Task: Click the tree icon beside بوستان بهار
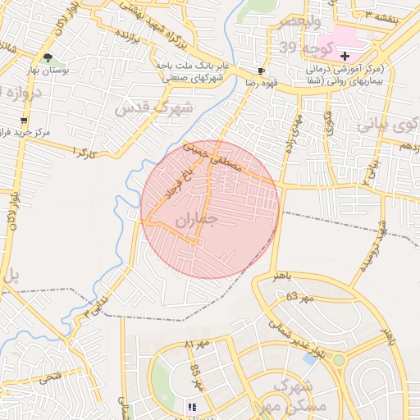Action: (48, 57)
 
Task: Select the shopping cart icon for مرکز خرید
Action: (24, 121)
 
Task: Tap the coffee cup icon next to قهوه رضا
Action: (261, 71)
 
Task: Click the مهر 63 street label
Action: (300, 297)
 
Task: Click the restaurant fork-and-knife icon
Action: (192, 407)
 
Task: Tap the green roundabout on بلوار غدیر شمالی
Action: (339, 360)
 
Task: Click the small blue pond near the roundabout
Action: (310, 358)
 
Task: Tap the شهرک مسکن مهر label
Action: (299, 393)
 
